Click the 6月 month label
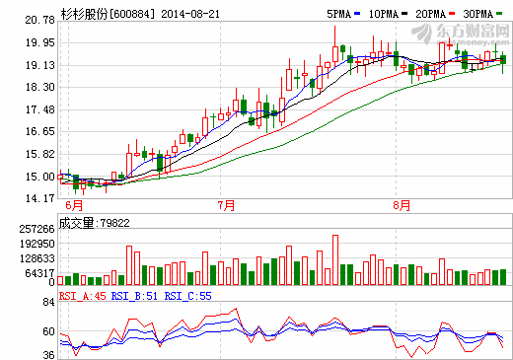click(x=73, y=205)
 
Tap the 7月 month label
click(x=226, y=205)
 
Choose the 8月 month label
click(x=401, y=205)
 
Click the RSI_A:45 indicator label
click(x=82, y=294)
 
